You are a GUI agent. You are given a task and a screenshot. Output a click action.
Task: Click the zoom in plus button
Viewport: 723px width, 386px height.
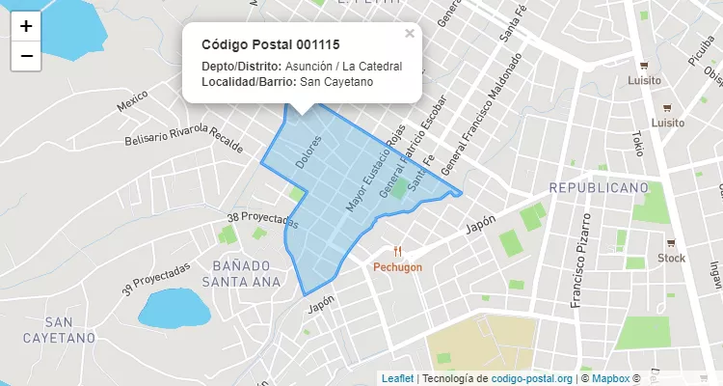tap(26, 26)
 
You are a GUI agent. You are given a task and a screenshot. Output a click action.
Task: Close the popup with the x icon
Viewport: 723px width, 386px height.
tap(410, 34)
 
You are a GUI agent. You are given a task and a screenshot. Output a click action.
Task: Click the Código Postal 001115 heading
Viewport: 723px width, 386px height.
tap(270, 45)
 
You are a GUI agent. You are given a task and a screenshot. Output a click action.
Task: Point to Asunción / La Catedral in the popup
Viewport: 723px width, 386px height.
tap(343, 66)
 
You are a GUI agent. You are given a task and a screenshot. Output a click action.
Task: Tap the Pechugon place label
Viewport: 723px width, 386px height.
tap(398, 267)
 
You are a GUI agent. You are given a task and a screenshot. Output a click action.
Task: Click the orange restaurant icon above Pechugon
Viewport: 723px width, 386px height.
tap(398, 252)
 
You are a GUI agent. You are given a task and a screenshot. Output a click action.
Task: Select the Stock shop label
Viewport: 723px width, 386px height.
tap(671, 258)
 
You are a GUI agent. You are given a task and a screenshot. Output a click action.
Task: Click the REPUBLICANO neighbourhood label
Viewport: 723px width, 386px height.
tap(592, 186)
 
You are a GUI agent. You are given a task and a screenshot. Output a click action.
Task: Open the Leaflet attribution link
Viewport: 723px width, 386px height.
tap(397, 378)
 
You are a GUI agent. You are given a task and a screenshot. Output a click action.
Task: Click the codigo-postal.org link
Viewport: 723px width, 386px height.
tap(532, 378)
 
